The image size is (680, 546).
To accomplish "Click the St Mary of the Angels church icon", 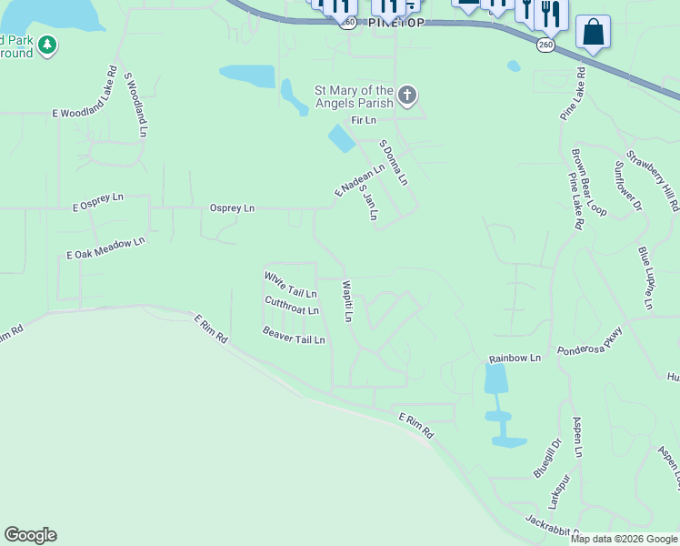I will pyautogui.click(x=407, y=95).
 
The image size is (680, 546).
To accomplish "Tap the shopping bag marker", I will pyautogui.click(x=593, y=33).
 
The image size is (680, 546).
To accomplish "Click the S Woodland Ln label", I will pyautogui.click(x=135, y=105).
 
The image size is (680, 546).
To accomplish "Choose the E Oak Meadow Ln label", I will pyautogui.click(x=105, y=249).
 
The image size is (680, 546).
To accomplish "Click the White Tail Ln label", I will pyautogui.click(x=290, y=285).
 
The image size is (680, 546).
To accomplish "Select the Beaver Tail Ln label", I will pyautogui.click(x=294, y=335).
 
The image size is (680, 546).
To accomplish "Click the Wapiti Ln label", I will pyautogui.click(x=346, y=301).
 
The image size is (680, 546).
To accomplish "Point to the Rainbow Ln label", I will pyautogui.click(x=515, y=359).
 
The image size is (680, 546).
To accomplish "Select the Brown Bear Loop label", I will pyautogui.click(x=588, y=182).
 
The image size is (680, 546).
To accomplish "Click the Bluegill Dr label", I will pyautogui.click(x=547, y=457).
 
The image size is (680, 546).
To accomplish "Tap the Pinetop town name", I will pyautogui.click(x=397, y=24).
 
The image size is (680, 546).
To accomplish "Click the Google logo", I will pyautogui.click(x=30, y=535).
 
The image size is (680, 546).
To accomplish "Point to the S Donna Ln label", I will pyautogui.click(x=394, y=162).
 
